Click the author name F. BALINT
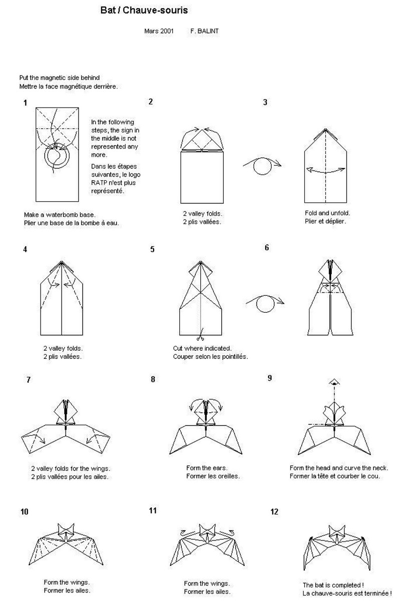click(x=204, y=31)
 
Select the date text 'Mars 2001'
click(x=159, y=31)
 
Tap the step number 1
click(x=25, y=103)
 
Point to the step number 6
click(x=267, y=247)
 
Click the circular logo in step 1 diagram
click(x=57, y=156)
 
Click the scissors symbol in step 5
click(x=201, y=336)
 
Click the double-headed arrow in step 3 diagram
click(x=325, y=171)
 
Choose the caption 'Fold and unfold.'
click(x=327, y=213)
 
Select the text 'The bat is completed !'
click(x=332, y=585)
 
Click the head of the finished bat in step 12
click(x=336, y=531)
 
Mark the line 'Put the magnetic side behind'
click(x=60, y=78)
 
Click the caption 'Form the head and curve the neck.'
click(x=339, y=468)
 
